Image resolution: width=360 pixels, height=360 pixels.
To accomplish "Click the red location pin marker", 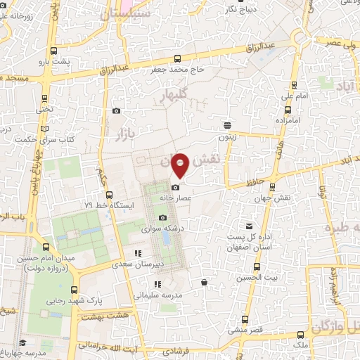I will [180, 165].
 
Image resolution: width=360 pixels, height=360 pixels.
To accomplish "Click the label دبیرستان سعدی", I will [131, 264].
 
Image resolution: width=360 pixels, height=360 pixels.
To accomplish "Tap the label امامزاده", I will [287, 122].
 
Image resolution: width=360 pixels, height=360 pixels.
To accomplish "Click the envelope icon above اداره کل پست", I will [249, 226].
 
